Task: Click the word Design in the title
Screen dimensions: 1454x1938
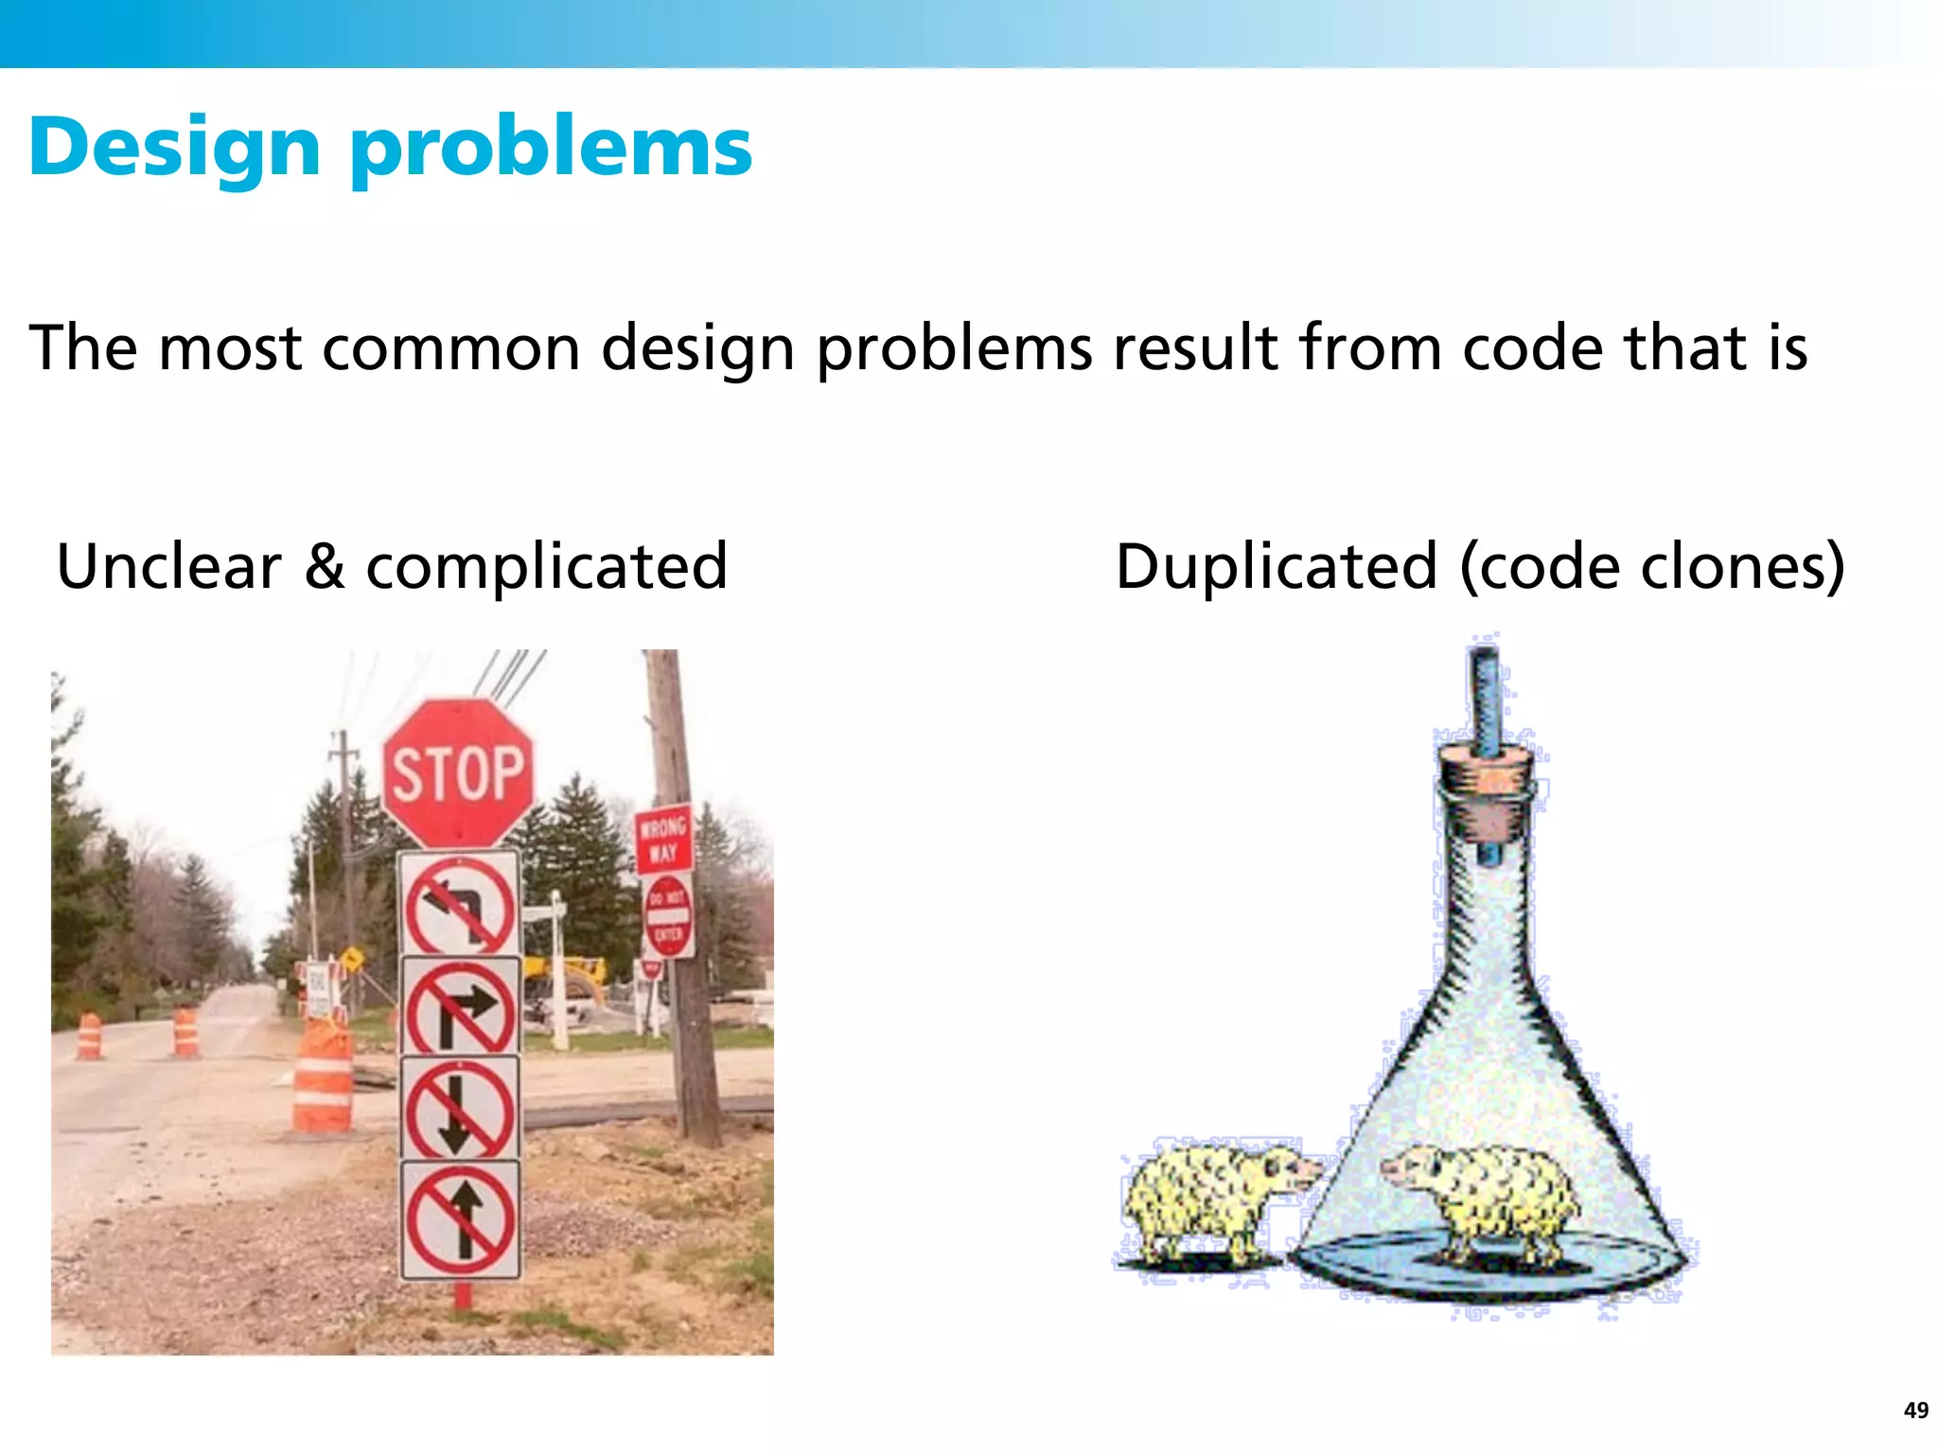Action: pyautogui.click(x=175, y=149)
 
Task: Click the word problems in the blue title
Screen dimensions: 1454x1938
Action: pyautogui.click(x=551, y=149)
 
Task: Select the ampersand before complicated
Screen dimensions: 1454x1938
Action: pyautogui.click(x=325, y=566)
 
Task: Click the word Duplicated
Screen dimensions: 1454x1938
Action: pyautogui.click(x=1277, y=566)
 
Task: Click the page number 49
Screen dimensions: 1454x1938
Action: pyautogui.click(x=1915, y=1410)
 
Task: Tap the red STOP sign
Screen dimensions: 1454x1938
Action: pyautogui.click(x=458, y=773)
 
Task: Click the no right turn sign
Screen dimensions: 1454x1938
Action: pyautogui.click(x=460, y=1007)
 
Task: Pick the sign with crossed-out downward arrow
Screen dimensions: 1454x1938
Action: pyautogui.click(x=460, y=1109)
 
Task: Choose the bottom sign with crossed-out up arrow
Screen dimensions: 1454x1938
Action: pyautogui.click(x=461, y=1219)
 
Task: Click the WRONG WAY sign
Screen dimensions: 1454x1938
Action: pyautogui.click(x=662, y=839)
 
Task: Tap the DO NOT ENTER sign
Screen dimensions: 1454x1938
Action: pyautogui.click(x=668, y=915)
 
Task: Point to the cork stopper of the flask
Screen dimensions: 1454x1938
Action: pyautogui.click(x=1486, y=786)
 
